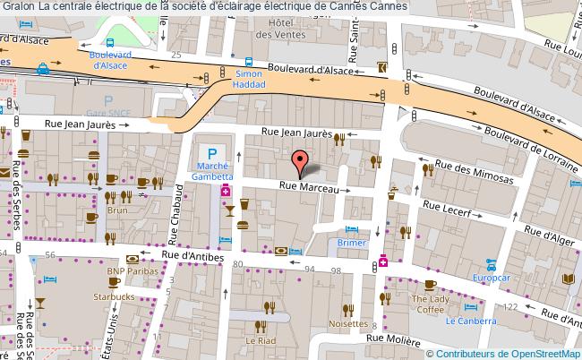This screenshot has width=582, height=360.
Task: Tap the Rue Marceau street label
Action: coord(308,189)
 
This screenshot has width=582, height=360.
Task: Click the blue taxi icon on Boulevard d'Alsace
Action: coord(42,68)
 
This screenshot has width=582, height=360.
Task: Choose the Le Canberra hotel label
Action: coord(469,321)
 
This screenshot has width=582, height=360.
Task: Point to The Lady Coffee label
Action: coord(428,304)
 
